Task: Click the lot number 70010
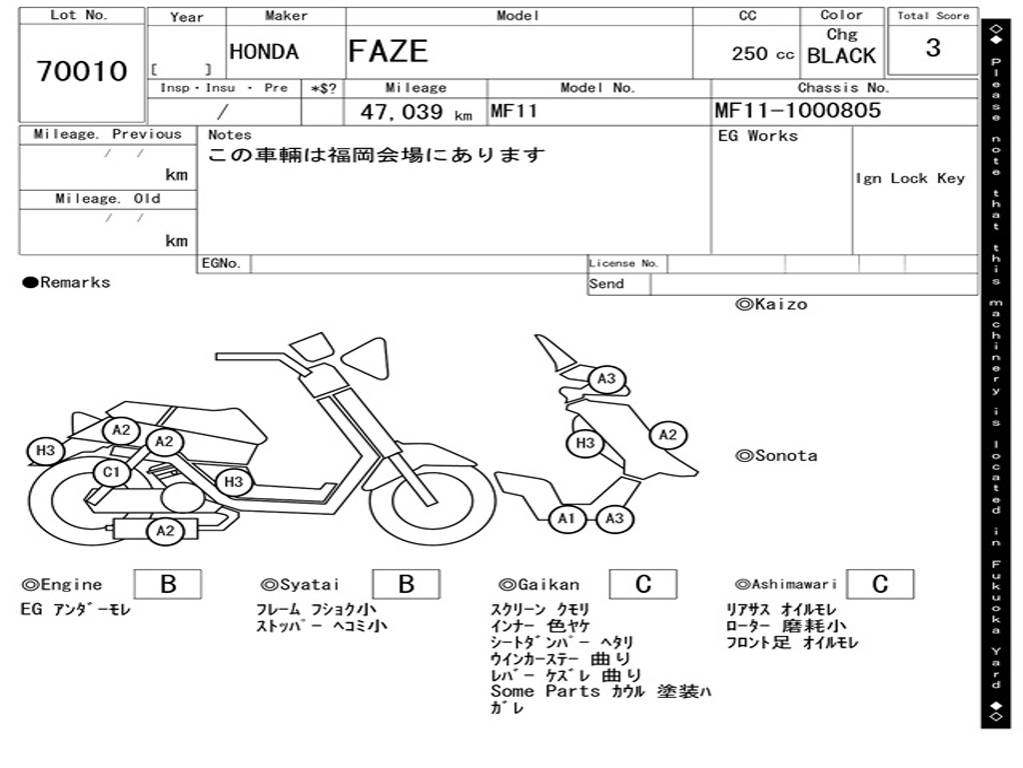coord(82,72)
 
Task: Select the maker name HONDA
coord(264,52)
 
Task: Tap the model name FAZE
coord(388,51)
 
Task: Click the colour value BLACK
coord(841,56)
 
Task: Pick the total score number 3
coord(933,48)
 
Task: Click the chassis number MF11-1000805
coord(798,111)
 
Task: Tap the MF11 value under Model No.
coord(513,111)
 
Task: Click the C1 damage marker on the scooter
coord(111,472)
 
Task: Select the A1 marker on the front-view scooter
coord(566,518)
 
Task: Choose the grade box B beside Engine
coord(168,584)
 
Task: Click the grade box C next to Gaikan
coord(643,584)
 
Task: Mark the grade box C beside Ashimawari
coord(879,584)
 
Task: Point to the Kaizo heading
coord(771,304)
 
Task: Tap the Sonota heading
coord(776,456)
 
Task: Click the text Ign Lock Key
coord(910,178)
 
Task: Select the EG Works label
coord(758,136)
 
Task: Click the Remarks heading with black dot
coord(67,283)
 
